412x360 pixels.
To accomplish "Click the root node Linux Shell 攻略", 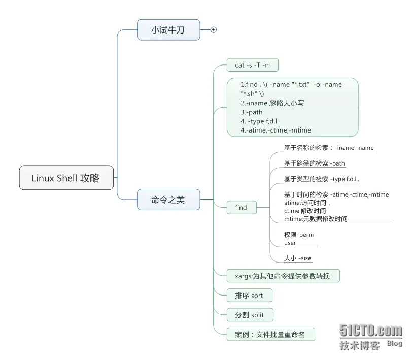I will [x=66, y=178].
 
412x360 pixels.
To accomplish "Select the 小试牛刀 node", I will [x=168, y=30].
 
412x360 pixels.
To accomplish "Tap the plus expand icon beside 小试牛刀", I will [x=214, y=30].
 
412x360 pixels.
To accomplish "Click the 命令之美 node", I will [x=168, y=200].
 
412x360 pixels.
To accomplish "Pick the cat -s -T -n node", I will [x=252, y=65].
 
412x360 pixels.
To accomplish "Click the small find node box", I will [x=241, y=207].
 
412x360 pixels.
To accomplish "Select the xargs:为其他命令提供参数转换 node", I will [x=283, y=276].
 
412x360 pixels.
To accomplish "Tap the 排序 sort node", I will [x=249, y=296].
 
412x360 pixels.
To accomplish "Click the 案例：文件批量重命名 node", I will [x=270, y=334].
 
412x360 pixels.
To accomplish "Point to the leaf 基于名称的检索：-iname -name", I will [x=329, y=148].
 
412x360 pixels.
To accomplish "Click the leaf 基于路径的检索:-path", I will [x=315, y=163].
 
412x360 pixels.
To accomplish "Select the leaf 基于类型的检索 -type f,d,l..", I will [x=322, y=179].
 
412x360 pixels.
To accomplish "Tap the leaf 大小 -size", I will [x=298, y=258].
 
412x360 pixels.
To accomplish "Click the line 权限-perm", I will [x=299, y=235].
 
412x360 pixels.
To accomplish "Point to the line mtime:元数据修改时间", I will [x=316, y=219].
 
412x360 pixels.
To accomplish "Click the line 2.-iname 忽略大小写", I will [x=272, y=103].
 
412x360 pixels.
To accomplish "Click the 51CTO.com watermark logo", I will [x=371, y=331].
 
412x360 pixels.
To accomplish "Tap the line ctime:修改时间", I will [x=305, y=211].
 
